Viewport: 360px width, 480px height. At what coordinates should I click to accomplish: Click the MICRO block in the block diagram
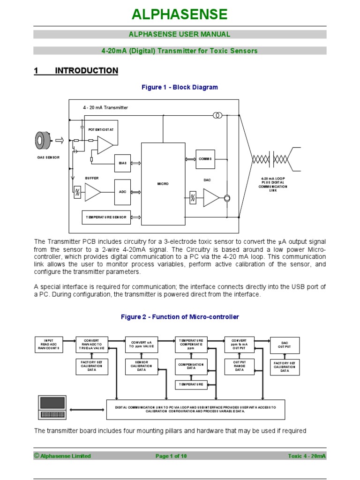click(x=163, y=184)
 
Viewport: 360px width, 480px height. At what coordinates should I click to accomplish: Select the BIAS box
click(x=122, y=163)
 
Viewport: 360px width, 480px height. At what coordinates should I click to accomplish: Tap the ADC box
click(x=122, y=192)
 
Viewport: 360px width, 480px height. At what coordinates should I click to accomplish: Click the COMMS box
click(x=205, y=159)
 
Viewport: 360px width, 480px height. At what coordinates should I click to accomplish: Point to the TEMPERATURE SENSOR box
click(x=106, y=217)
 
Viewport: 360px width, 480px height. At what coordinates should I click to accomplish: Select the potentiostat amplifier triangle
click(x=104, y=145)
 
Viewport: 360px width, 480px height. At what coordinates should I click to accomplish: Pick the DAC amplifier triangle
click(x=210, y=197)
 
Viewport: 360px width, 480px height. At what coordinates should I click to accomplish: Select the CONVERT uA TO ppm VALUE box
click(x=141, y=345)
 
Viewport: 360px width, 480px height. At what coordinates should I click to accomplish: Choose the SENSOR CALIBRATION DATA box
click(x=141, y=367)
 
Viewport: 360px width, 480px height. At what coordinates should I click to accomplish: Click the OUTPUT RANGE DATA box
click(x=239, y=367)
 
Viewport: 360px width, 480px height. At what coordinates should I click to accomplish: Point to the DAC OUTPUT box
click(x=285, y=345)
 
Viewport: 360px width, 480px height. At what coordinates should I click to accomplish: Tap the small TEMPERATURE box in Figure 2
click(x=191, y=384)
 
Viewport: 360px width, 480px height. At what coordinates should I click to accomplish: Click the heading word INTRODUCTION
click(x=86, y=71)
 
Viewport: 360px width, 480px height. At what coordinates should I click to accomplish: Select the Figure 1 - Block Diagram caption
click(x=180, y=87)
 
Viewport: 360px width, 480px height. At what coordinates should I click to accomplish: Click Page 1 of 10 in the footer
click(x=171, y=456)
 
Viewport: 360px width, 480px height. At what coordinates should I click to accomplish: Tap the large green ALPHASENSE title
click(x=180, y=15)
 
